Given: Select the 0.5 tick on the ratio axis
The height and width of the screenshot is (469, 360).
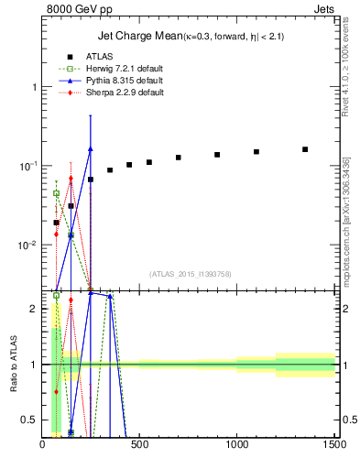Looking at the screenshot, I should tap(29, 420).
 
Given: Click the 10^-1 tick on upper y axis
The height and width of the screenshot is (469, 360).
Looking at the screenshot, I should tap(27, 166).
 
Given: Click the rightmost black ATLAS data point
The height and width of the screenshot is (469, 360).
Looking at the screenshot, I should tap(305, 149).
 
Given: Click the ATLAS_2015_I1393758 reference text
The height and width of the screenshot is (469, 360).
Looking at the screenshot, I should tap(189, 273).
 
